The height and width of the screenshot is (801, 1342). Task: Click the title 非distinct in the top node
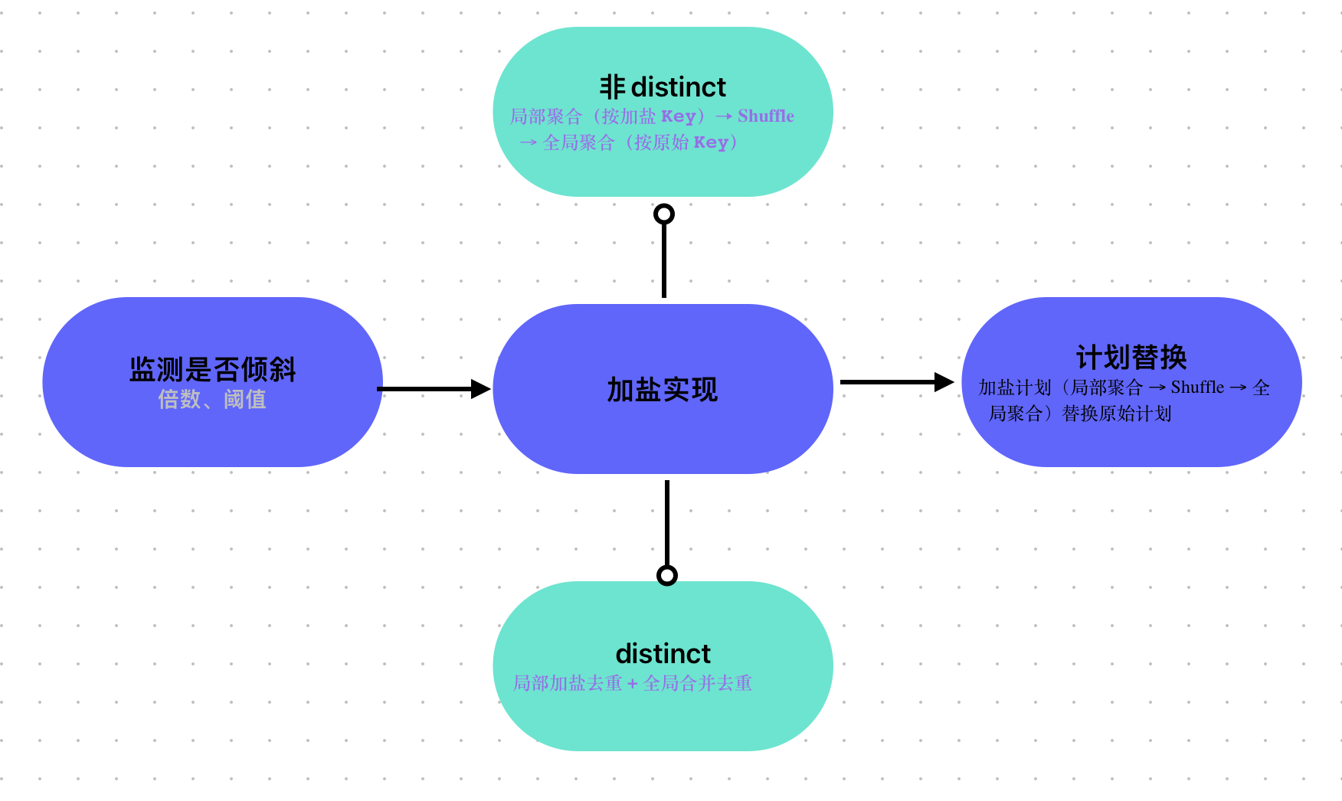point(663,87)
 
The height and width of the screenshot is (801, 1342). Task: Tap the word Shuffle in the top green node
point(765,116)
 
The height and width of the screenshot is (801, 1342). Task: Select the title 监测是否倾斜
point(212,369)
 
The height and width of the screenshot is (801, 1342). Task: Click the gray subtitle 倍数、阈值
point(212,399)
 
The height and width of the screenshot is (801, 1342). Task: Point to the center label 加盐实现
point(663,390)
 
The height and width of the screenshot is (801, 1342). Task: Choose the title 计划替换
point(1131,357)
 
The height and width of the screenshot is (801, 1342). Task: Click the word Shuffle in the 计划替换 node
point(1197,387)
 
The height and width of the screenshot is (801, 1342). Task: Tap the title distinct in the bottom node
point(663,654)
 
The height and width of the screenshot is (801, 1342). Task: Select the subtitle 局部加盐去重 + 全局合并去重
point(632,683)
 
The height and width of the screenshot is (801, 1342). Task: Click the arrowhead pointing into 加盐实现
point(481,389)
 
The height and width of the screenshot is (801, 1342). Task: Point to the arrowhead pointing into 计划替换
point(944,382)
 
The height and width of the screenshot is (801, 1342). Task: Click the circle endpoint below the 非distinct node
point(664,214)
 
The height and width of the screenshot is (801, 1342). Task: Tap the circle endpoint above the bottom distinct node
point(667,575)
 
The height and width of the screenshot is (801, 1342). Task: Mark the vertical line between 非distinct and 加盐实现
point(664,260)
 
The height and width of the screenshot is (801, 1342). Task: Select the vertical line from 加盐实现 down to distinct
point(667,525)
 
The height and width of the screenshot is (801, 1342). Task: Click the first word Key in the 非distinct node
point(678,116)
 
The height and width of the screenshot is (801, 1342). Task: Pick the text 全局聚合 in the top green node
point(578,142)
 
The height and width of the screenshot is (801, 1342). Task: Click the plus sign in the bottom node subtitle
point(632,684)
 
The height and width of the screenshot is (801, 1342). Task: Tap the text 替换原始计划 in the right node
point(1117,414)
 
